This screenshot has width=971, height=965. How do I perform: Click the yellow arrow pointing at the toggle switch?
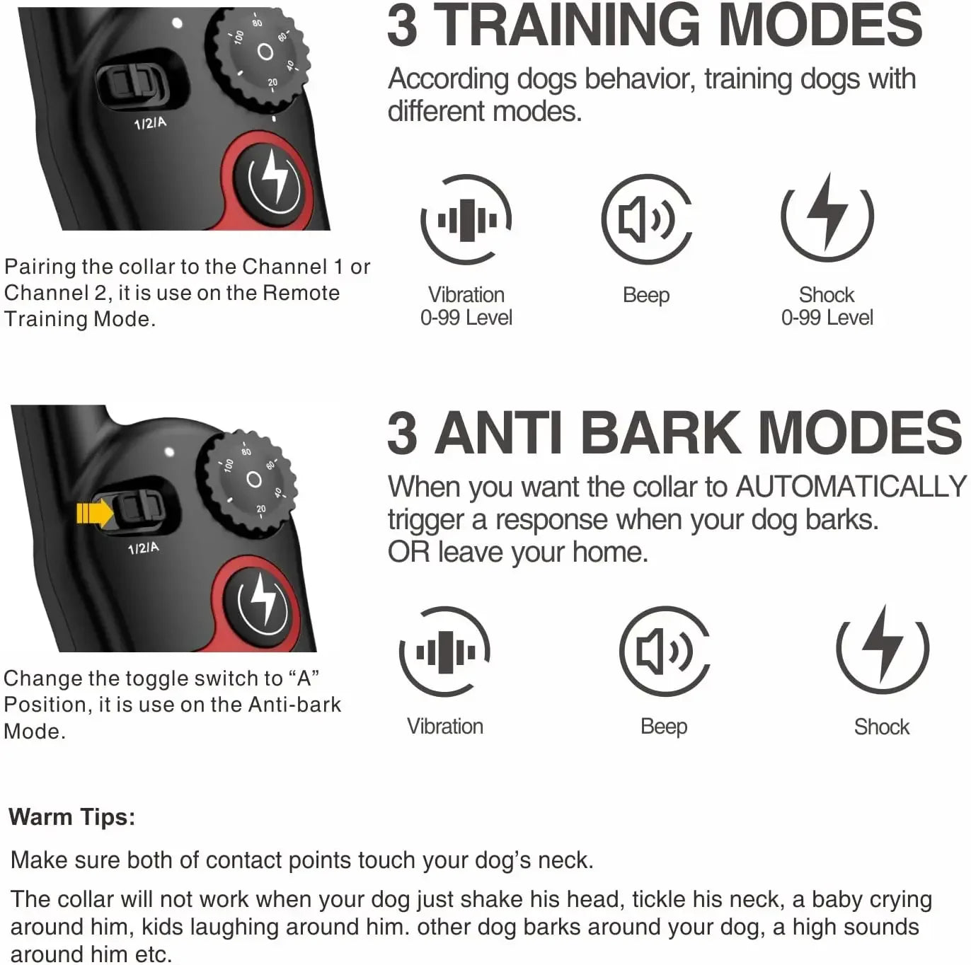93,513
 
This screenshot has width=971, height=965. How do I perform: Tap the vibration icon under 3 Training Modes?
466,219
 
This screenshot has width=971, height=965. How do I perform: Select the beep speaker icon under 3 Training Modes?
646,219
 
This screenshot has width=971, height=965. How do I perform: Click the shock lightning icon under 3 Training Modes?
827,216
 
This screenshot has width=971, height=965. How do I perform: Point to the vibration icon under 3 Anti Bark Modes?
445,652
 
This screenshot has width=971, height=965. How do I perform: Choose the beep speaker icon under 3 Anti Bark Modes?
664,652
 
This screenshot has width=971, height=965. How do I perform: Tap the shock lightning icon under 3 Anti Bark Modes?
883,648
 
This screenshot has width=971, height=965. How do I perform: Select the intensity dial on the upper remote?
264,54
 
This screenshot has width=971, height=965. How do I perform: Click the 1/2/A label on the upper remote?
150,123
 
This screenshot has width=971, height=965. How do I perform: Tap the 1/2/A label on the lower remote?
143,548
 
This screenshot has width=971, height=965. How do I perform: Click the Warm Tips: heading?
71,817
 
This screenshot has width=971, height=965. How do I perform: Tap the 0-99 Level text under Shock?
827,318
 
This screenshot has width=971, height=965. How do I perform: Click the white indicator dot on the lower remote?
169,451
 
